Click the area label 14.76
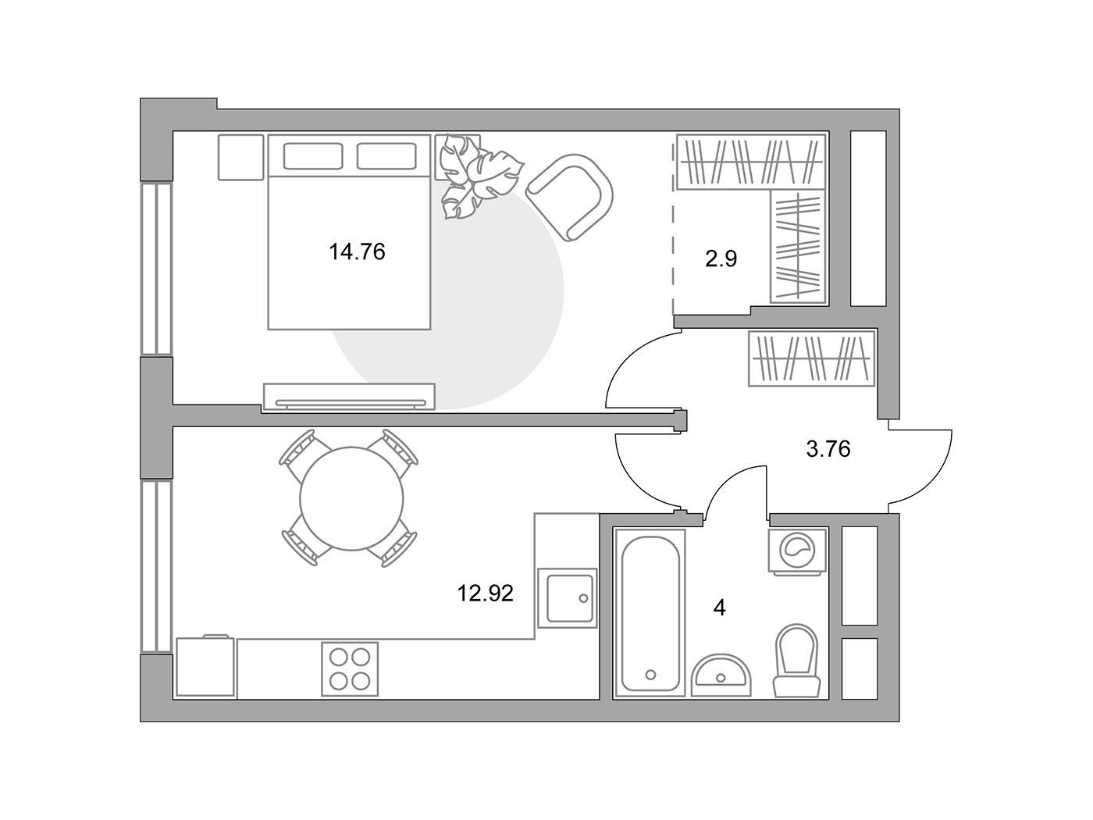point(357,252)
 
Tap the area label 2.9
point(721,259)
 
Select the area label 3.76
point(828,449)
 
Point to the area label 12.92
point(485,594)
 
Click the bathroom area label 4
point(720,608)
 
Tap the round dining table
point(351,498)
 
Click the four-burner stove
point(350,668)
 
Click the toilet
point(797,661)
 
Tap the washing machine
point(797,551)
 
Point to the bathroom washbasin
point(721,675)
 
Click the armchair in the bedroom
point(570,197)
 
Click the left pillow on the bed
point(313,156)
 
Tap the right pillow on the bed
point(386,156)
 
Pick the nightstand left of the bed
point(240,157)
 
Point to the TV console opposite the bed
point(348,397)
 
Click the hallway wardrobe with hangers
point(812,358)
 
